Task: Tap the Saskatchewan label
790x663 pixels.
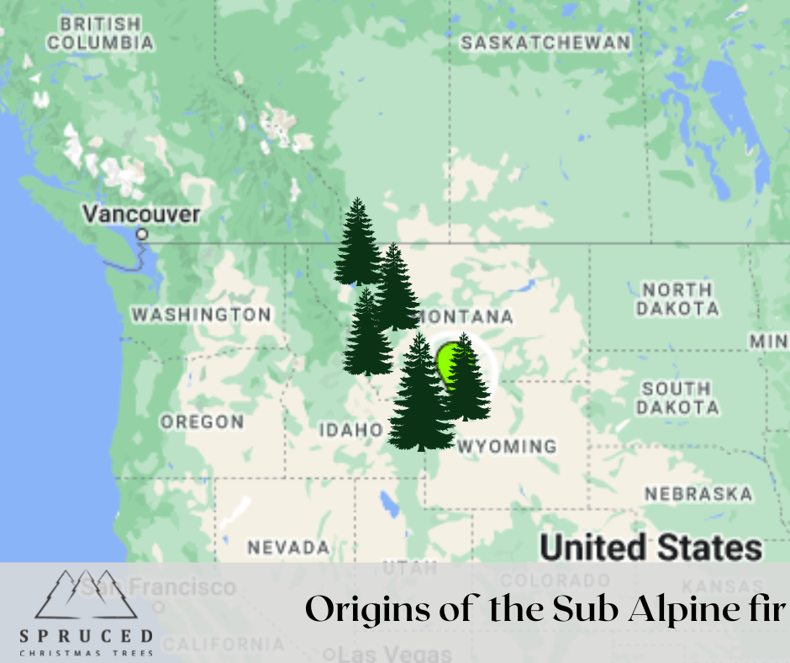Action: click(545, 42)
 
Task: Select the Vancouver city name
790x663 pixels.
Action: click(141, 214)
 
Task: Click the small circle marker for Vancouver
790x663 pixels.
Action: click(143, 234)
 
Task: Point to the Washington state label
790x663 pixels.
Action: click(201, 315)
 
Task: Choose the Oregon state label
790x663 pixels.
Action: click(202, 422)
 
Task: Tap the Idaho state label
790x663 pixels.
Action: click(350, 430)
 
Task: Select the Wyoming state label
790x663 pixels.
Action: click(506, 446)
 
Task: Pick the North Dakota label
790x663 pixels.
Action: click(677, 299)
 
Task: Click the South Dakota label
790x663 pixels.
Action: click(677, 397)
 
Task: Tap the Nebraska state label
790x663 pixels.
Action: click(698, 494)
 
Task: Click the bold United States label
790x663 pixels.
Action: click(650, 548)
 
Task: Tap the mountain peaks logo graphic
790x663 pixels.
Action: click(87, 595)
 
